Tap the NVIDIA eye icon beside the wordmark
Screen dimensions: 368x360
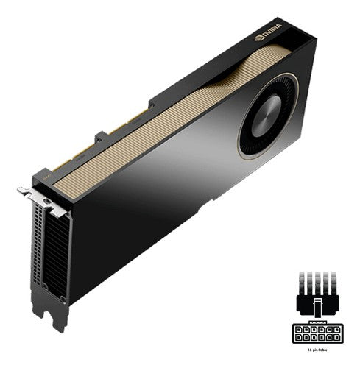click(x=259, y=38)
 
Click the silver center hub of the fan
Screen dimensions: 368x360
click(x=266, y=118)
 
